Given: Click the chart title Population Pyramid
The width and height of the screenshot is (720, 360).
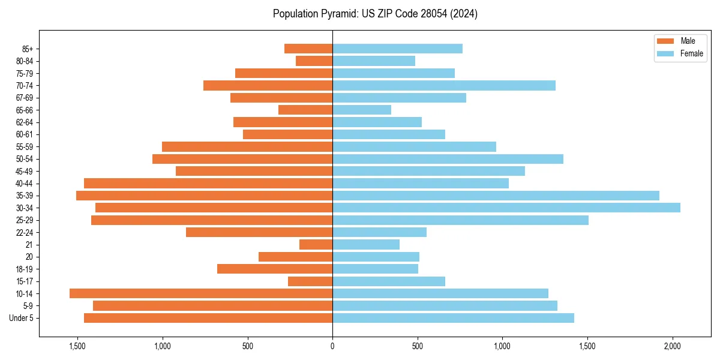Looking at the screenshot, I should tap(375, 14).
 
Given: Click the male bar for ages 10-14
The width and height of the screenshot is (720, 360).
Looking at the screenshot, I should tap(201, 293).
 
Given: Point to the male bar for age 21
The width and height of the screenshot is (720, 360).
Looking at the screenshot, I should tap(316, 245).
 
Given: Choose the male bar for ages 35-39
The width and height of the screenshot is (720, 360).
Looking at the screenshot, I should tap(204, 196).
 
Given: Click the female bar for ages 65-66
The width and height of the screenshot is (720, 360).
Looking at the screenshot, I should tap(362, 110).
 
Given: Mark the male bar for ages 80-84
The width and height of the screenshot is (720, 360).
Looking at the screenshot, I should tap(314, 61).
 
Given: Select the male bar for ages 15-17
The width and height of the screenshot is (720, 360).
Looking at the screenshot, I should tap(310, 281).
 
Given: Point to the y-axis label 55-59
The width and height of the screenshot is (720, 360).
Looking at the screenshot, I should tap(25, 147).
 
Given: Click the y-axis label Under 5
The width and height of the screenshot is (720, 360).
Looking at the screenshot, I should tap(22, 318).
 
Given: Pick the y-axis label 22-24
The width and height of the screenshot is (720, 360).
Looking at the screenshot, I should tap(25, 232).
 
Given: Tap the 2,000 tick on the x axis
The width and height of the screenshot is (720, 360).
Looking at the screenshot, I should tap(673, 346).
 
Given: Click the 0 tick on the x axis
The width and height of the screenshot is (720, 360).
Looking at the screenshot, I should tap(332, 346).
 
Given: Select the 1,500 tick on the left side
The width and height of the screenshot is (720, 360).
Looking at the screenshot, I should tap(77, 346).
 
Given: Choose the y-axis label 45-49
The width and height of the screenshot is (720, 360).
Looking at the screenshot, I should tap(25, 171).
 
